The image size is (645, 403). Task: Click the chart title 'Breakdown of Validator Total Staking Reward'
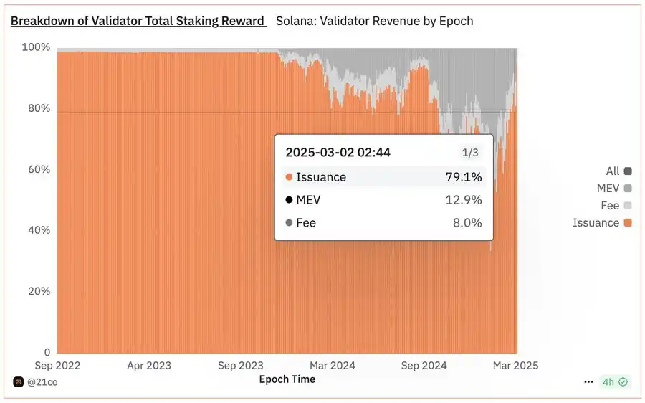tap(138, 21)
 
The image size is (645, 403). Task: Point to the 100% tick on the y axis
tap(36, 47)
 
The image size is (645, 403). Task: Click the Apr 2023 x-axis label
tap(148, 366)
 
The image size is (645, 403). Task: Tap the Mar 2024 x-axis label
tap(332, 366)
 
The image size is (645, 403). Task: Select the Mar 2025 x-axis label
tap(515, 366)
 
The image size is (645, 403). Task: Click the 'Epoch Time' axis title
tap(287, 379)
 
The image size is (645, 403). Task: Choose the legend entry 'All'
tap(612, 171)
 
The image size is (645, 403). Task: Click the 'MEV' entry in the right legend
tap(608, 188)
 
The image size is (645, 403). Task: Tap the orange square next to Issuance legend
tap(629, 223)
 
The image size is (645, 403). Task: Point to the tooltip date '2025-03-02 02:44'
tap(338, 152)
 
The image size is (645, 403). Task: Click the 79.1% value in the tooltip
tap(464, 177)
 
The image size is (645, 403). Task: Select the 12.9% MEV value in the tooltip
tap(464, 200)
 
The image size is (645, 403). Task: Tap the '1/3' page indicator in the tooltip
tap(469, 153)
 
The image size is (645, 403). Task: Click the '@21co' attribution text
tap(43, 382)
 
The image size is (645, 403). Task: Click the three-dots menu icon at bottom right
tap(588, 382)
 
